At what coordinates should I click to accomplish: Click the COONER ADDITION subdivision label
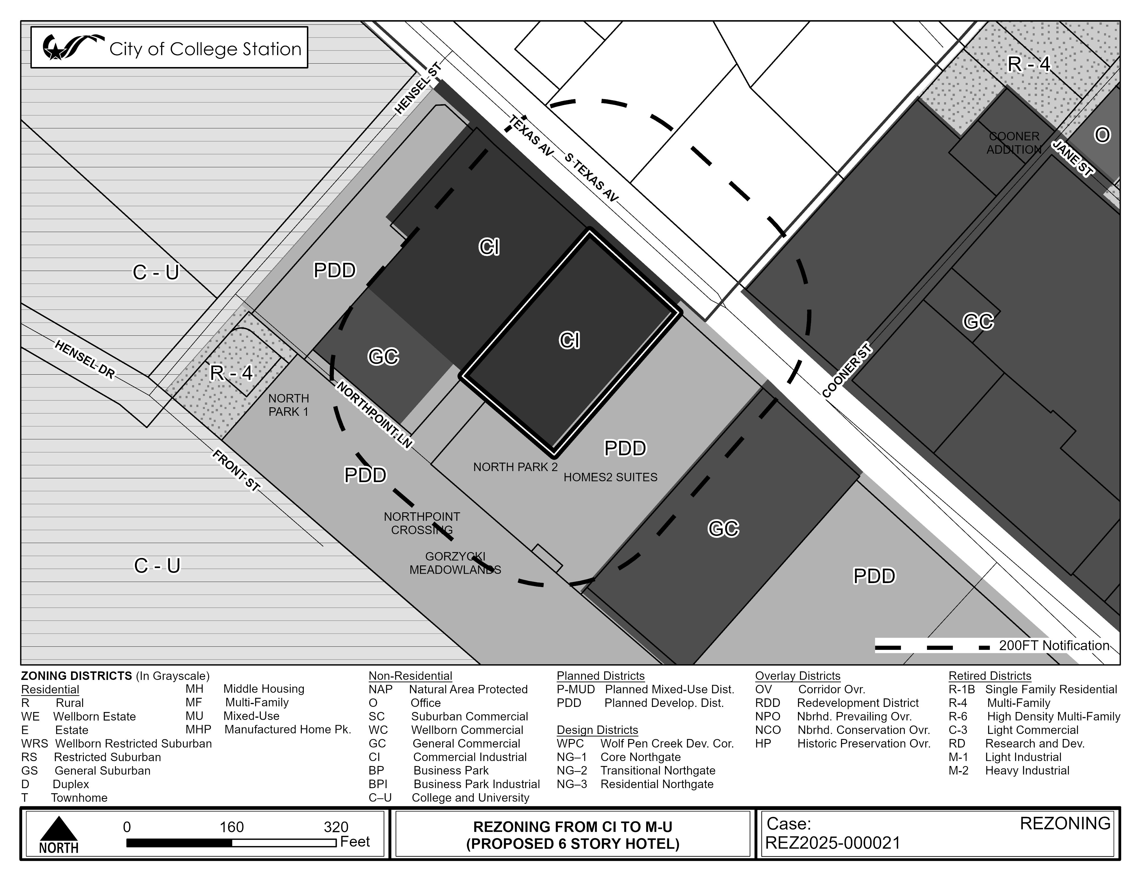1014,143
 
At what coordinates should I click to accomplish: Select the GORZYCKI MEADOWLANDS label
455,563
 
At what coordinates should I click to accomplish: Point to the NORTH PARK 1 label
288,405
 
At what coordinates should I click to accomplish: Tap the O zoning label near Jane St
1102,135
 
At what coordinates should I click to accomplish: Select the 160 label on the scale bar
231,827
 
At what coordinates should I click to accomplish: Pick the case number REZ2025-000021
833,843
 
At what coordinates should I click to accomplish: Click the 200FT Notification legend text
1054,646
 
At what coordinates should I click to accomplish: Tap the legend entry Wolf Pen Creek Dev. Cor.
667,744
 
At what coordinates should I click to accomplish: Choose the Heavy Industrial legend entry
1027,771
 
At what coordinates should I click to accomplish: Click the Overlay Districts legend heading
798,676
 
